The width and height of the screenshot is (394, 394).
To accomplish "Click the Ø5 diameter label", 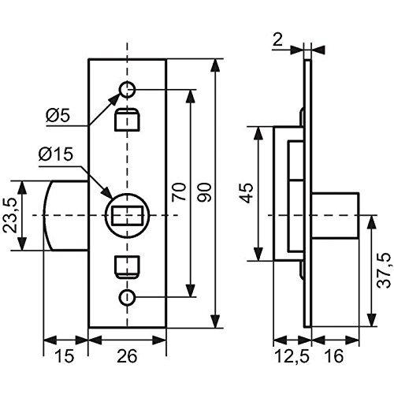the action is [58, 115].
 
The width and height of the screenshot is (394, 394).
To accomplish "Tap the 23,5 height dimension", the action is [10, 215].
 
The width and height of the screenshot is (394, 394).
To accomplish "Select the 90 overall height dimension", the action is [204, 192].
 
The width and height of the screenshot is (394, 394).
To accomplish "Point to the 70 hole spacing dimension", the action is [179, 192].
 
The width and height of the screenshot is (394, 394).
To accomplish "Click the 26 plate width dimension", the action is [127, 356].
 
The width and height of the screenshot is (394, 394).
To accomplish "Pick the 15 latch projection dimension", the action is [65, 356].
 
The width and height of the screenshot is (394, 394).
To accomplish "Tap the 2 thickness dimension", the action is [277, 40].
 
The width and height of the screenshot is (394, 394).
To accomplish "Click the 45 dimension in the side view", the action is [247, 194].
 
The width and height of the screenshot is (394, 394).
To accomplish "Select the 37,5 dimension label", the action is [385, 271].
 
